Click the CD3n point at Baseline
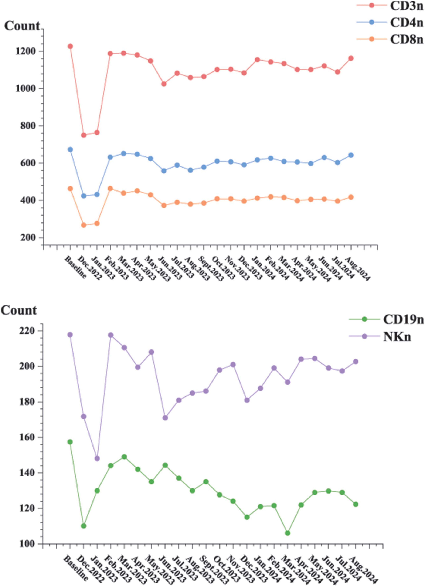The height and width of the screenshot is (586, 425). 70,46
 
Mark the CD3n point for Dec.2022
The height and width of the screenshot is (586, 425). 83,135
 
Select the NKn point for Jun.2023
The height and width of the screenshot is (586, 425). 165,418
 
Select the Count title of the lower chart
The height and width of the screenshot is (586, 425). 19,310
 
